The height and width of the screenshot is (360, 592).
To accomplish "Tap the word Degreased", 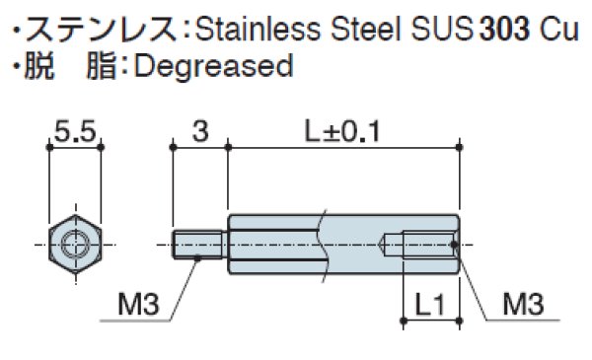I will tap(212, 66).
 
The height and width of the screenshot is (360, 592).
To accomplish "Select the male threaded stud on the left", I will tap(200, 243).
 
